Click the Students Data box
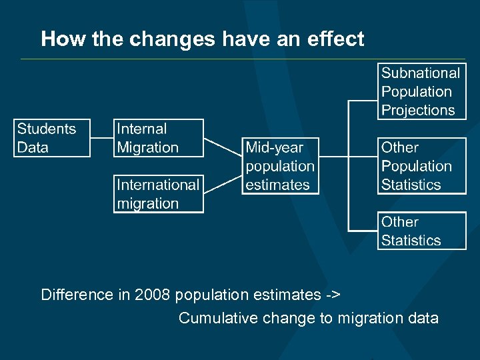52,138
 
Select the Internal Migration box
158,138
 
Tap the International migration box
158,193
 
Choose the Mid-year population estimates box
280,166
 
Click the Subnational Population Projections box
422,91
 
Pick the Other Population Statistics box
422,166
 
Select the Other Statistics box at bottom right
422,231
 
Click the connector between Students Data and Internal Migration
101,138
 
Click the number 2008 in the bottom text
153,295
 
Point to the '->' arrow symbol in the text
333,295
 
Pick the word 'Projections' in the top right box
418,110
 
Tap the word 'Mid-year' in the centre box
274,147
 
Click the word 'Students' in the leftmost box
47,129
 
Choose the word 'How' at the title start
55,39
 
